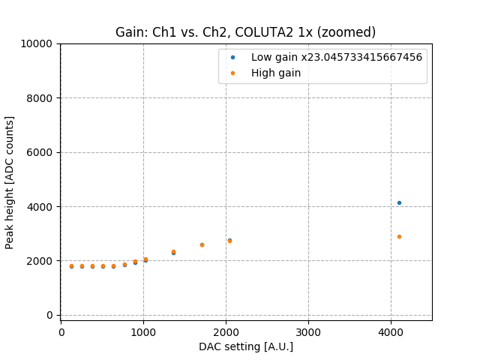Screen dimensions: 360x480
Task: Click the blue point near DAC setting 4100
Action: click(399, 202)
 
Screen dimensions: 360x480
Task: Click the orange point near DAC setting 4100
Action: click(399, 236)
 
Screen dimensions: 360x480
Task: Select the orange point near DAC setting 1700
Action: click(202, 244)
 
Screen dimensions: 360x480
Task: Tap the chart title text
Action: click(245, 32)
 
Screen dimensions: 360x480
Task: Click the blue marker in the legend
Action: click(232, 57)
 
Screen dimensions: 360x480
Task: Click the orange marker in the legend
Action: click(232, 73)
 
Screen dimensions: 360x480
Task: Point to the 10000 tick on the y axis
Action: click(39, 43)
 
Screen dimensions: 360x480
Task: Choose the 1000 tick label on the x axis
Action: click(144, 331)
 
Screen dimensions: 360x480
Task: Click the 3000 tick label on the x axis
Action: click(308, 331)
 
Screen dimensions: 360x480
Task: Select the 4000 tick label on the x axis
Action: click(391, 331)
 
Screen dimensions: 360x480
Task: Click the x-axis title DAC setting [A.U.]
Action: click(246, 346)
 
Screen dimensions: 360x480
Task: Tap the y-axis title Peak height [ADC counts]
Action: click(10, 182)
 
